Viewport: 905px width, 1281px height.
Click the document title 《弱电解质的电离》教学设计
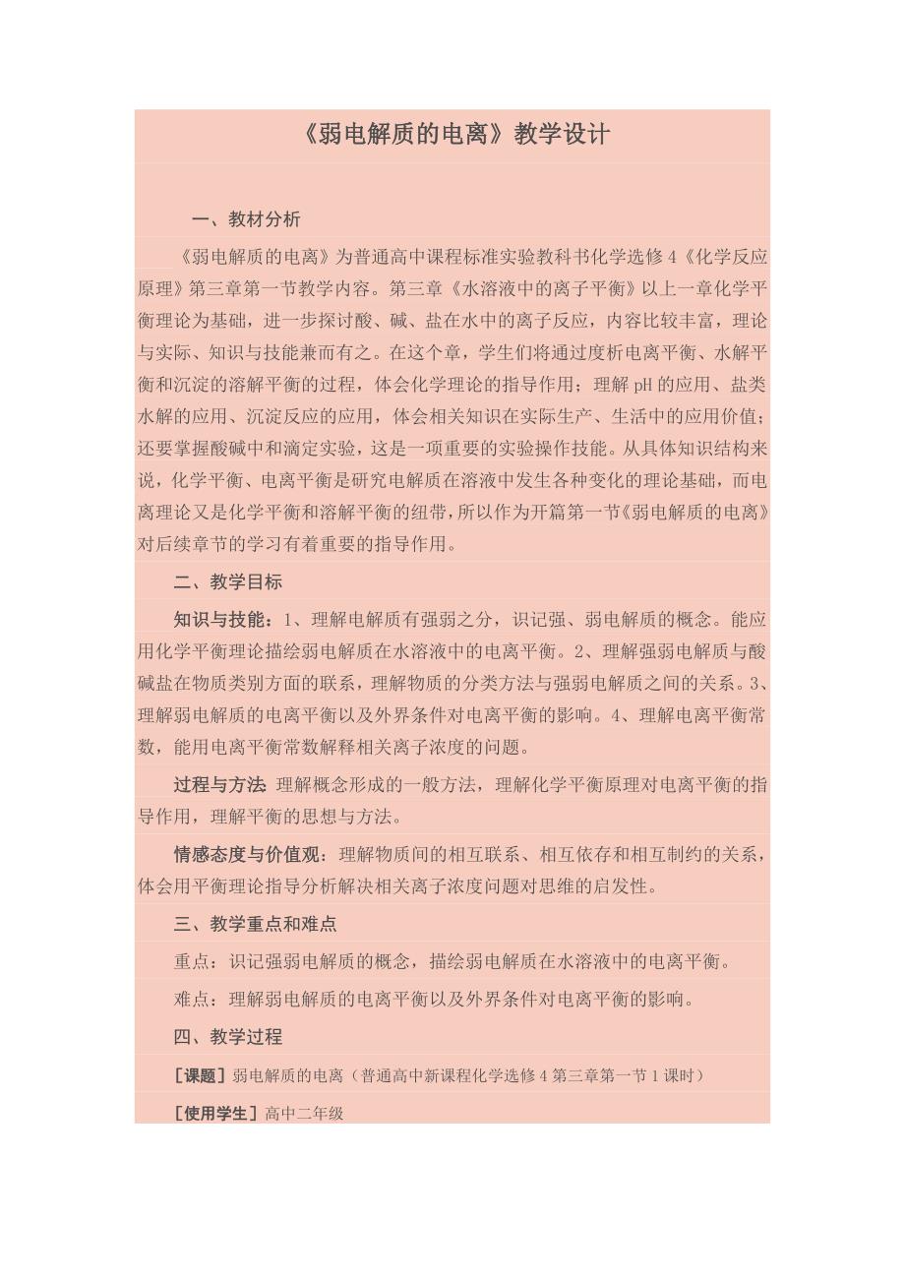point(452,135)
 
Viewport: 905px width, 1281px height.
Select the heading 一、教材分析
point(246,219)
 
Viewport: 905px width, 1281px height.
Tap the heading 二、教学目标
point(228,581)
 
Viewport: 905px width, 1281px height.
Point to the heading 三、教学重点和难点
point(255,924)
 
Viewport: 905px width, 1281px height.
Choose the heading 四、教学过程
point(228,1036)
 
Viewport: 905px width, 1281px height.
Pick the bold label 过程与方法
point(219,784)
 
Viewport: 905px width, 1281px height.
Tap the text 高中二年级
point(304,1114)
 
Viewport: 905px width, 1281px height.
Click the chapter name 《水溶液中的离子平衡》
point(548,288)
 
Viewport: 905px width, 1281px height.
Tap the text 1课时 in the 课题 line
point(672,1075)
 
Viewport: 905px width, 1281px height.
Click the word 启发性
point(625,885)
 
